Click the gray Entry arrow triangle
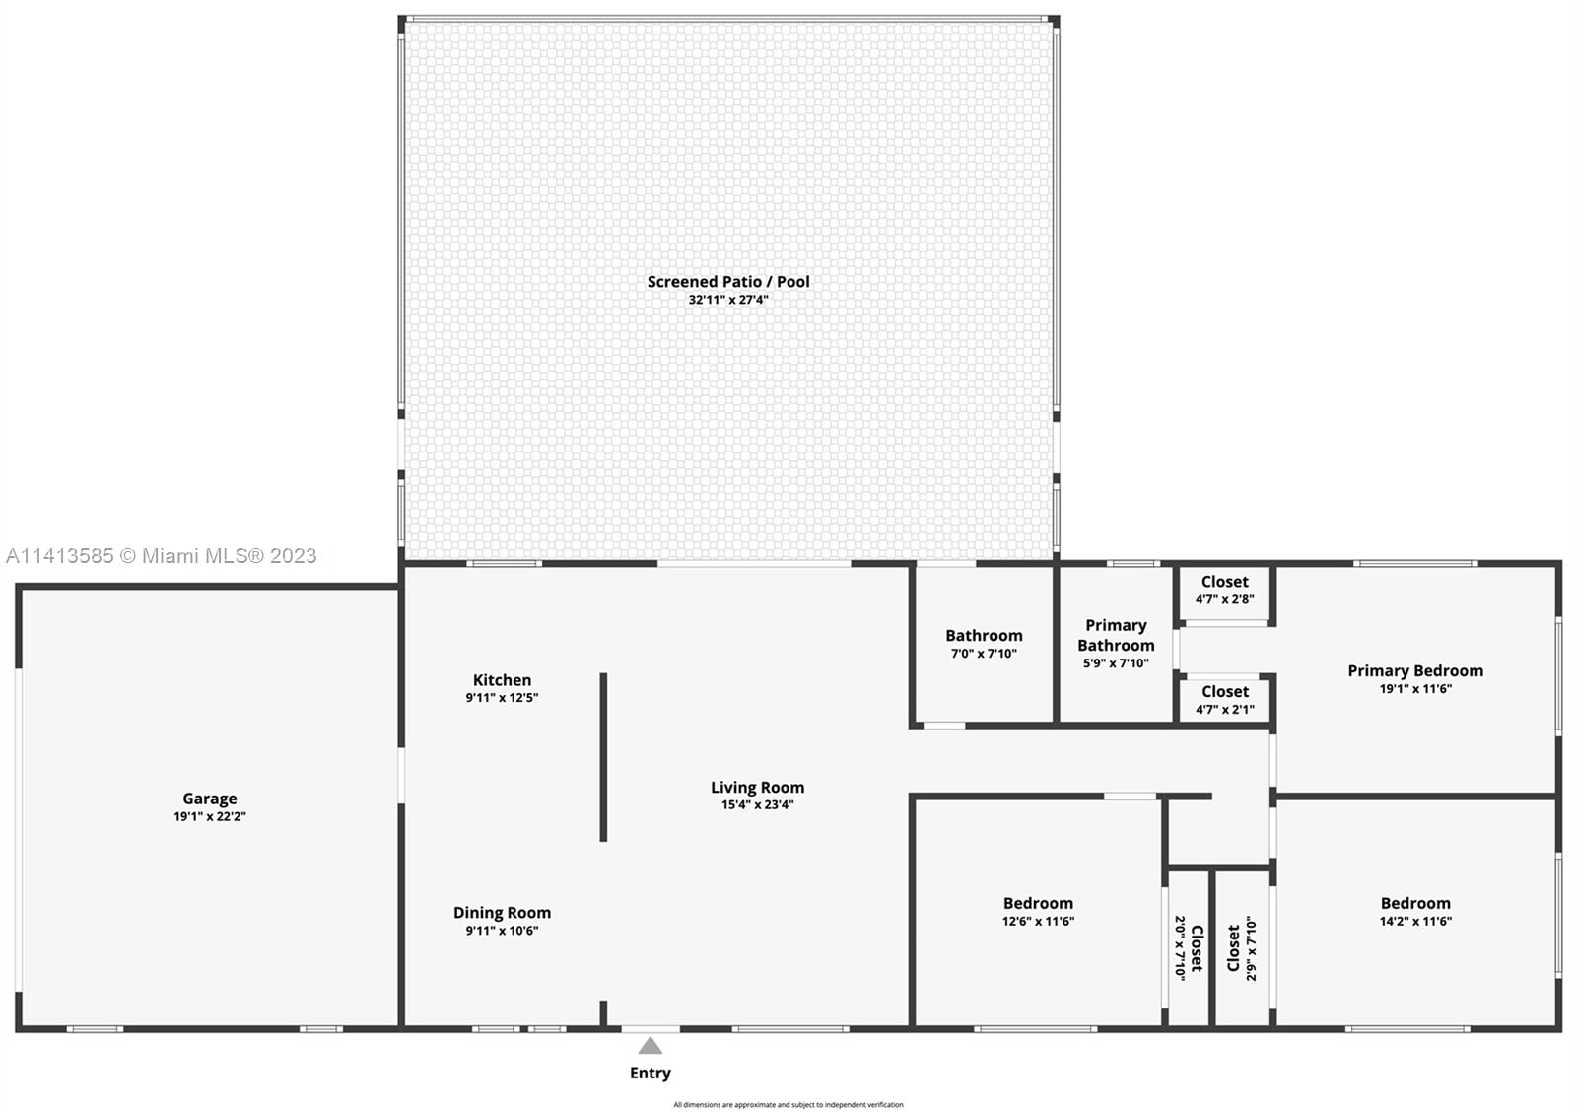(650, 1045)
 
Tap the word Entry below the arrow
(650, 1073)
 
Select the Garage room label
(210, 799)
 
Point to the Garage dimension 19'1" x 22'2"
(210, 817)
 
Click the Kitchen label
(502, 680)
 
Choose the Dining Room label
(502, 913)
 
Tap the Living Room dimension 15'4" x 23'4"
(758, 805)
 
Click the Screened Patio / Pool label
(728, 282)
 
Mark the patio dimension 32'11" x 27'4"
(728, 300)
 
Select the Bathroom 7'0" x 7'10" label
(985, 644)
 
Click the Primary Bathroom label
(1116, 635)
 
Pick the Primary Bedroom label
(1415, 671)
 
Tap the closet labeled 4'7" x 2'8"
(1225, 590)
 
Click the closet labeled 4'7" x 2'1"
(1225, 700)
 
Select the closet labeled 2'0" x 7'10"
(1189, 947)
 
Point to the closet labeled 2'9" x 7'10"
(1242, 948)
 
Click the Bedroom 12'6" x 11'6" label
(1039, 911)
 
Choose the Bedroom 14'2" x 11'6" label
(1415, 911)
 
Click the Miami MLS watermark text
(162, 556)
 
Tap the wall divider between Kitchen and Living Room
(603, 757)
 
